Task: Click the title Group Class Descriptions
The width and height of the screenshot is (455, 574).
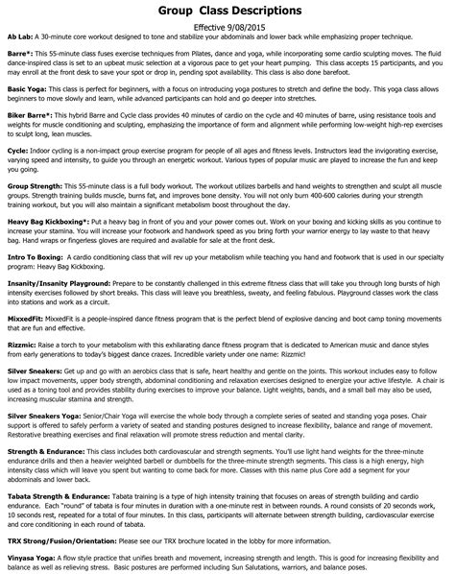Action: point(227,12)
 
